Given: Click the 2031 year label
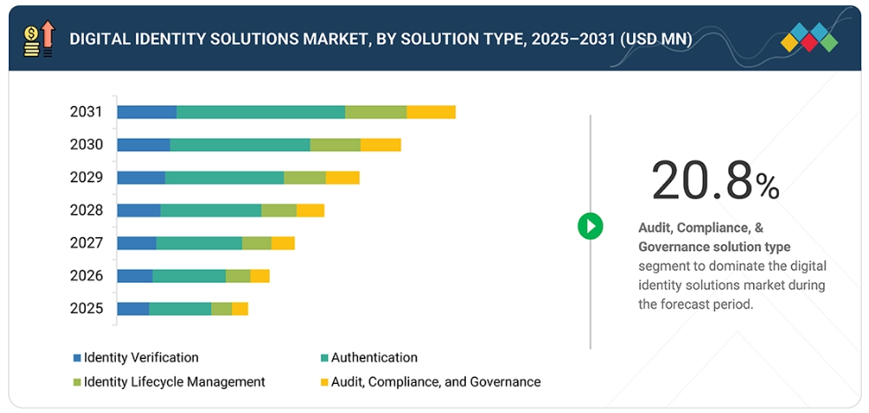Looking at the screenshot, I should click(x=87, y=112).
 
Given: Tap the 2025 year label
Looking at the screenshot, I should click(x=87, y=309).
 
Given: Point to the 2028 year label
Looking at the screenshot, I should click(x=87, y=210).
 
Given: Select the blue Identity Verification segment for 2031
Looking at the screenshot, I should click(x=147, y=112).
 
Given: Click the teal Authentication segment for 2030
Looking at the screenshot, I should click(x=240, y=145).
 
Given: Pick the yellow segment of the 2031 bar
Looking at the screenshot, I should click(x=431, y=112).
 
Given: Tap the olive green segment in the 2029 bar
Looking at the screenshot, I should click(x=304, y=178).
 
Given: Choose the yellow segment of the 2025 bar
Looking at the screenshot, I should click(x=240, y=309).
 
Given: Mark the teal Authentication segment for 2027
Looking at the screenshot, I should click(x=199, y=243).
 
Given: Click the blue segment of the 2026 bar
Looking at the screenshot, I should click(x=134, y=276).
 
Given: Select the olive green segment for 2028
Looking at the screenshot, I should click(x=278, y=210).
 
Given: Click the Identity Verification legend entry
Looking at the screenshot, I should click(x=136, y=358).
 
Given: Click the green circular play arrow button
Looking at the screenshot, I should click(x=590, y=226).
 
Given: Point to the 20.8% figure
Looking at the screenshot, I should click(x=714, y=181).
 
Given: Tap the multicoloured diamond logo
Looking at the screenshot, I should click(x=810, y=37).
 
